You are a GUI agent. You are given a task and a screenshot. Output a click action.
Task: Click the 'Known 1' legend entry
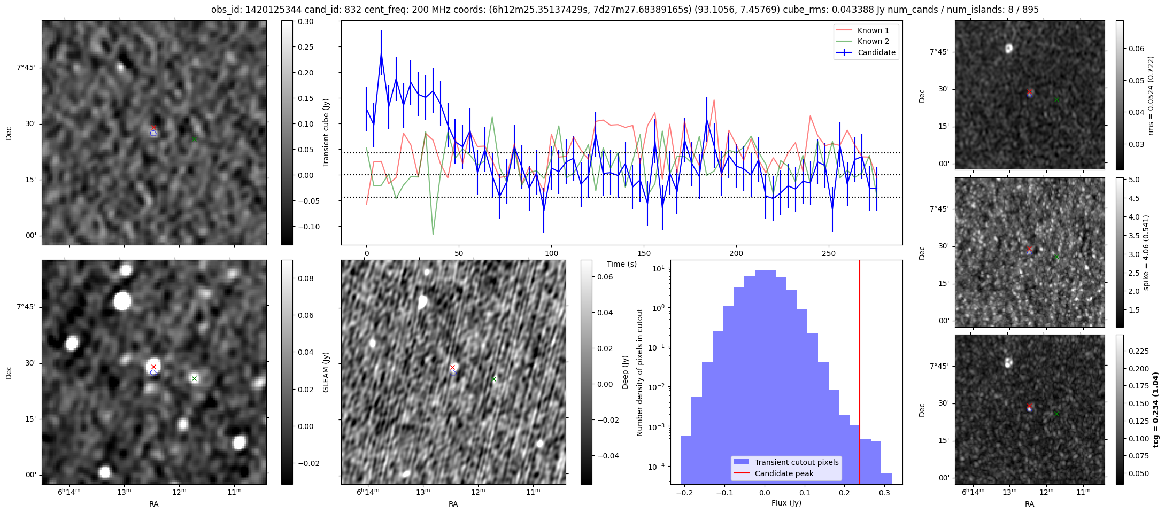[x=873, y=30]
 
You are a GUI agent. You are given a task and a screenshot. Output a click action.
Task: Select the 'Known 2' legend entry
[x=873, y=41]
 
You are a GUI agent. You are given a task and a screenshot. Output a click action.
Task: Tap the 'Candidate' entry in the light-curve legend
[x=876, y=52]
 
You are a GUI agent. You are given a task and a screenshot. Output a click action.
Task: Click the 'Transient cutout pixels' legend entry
[x=797, y=462]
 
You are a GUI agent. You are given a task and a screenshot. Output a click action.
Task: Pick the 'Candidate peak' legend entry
[x=784, y=473]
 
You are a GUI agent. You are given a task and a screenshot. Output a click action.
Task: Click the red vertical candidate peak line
[x=860, y=347]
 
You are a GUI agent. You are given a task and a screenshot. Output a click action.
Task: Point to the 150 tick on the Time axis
[x=644, y=253]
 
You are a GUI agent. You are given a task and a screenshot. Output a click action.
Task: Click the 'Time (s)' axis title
[x=622, y=264]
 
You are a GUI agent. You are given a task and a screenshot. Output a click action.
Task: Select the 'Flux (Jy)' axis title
[x=786, y=503]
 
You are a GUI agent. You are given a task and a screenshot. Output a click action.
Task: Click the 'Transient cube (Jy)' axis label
[x=326, y=133]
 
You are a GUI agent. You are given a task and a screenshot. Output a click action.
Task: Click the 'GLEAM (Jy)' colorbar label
[x=326, y=372]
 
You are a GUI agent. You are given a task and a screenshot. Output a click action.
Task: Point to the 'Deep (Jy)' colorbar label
[x=625, y=372]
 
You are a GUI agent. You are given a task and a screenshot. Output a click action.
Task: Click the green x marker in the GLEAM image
[x=194, y=379]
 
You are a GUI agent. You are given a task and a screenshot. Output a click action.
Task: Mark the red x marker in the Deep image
[x=452, y=367]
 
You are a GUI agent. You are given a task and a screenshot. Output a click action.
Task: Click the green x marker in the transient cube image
[x=194, y=139]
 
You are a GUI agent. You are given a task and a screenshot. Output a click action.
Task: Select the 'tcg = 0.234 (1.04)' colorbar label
[x=1155, y=410]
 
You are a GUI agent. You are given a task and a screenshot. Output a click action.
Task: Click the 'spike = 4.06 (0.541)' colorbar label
[x=1146, y=253]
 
